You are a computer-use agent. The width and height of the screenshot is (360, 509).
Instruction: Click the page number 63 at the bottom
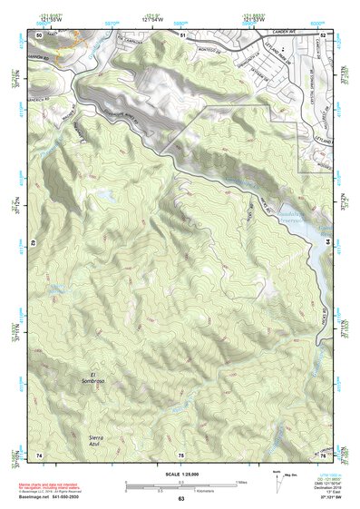(180, 499)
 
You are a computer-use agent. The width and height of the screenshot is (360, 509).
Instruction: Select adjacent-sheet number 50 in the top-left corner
(39, 34)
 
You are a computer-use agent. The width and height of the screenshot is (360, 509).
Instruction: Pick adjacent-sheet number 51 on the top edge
(181, 34)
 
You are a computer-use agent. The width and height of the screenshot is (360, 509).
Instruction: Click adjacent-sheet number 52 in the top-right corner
(324, 34)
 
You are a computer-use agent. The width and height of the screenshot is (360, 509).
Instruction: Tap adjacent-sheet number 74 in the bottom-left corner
(39, 454)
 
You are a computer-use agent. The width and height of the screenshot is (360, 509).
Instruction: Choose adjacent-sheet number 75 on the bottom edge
(181, 454)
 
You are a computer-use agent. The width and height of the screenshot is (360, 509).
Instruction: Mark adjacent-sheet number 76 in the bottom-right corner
(324, 454)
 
